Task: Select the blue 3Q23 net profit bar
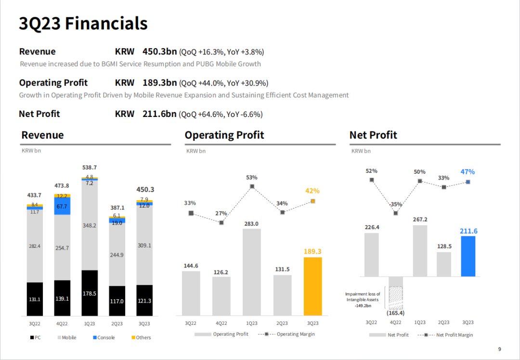click(468, 256)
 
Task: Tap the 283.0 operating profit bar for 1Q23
click(252, 272)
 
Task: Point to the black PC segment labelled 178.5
click(90, 293)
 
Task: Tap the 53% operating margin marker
click(252, 186)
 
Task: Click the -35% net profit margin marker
click(396, 213)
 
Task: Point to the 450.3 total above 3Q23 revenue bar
click(144, 190)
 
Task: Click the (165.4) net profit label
click(396, 313)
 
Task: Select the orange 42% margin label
click(312, 191)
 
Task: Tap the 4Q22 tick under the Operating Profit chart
click(221, 323)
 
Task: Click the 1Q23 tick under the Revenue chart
click(90, 323)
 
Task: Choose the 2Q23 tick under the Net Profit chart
click(443, 322)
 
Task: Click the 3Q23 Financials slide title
click(83, 23)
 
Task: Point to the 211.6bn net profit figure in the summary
click(159, 114)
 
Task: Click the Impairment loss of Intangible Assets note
click(363, 299)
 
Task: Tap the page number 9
click(499, 349)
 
